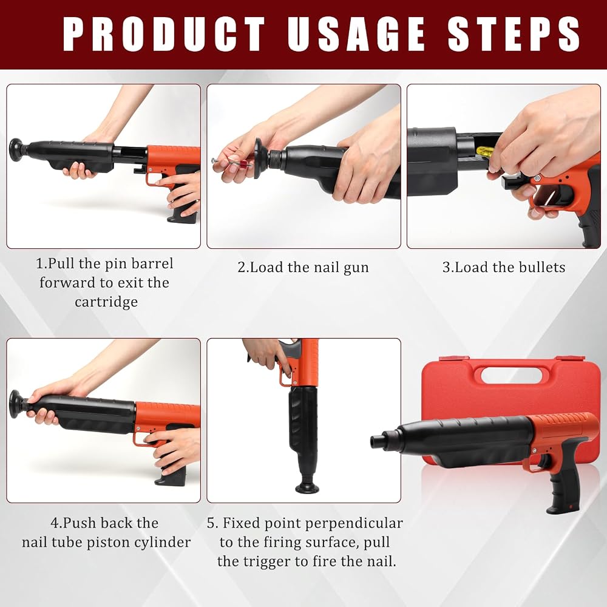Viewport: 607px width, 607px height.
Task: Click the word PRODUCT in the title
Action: pos(164,34)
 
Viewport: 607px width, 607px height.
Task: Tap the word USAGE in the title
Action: pos(356,34)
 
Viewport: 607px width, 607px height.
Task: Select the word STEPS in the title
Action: pos(514,34)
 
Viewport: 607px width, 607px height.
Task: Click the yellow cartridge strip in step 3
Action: pos(484,151)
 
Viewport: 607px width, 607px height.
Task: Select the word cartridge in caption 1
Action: pos(106,302)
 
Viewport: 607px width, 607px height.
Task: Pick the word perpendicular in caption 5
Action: pos(354,523)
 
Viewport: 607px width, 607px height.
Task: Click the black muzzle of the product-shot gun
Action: pos(382,440)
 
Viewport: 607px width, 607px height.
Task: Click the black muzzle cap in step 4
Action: pos(16,403)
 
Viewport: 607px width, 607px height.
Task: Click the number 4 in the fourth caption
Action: pos(54,523)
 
